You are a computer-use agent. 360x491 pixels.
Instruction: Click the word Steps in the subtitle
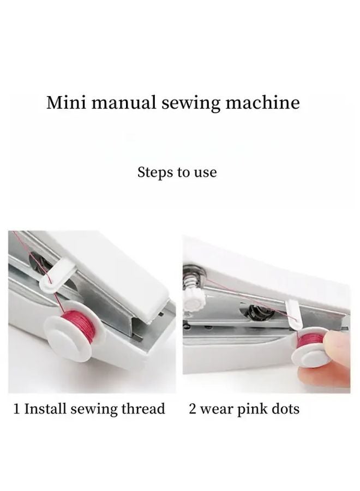(x=154, y=173)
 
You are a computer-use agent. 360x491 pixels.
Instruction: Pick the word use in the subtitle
(x=206, y=173)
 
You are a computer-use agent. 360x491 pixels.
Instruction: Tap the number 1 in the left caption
(x=17, y=409)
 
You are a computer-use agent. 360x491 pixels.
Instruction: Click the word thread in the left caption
(x=145, y=409)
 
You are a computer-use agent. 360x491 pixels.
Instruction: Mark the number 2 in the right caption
(x=193, y=409)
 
